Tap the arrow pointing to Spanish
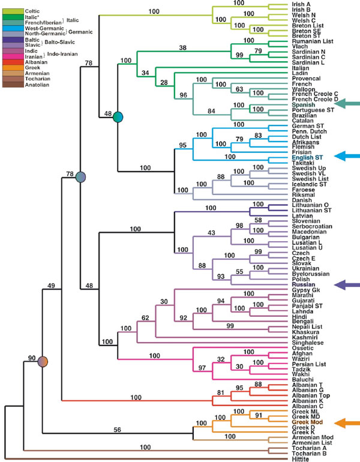(x=343, y=104)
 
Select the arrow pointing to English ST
(x=343, y=157)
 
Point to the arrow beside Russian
(x=343, y=284)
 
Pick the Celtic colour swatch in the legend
(x=11, y=11)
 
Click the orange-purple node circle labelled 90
(x=43, y=362)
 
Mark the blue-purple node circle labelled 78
(x=80, y=176)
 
